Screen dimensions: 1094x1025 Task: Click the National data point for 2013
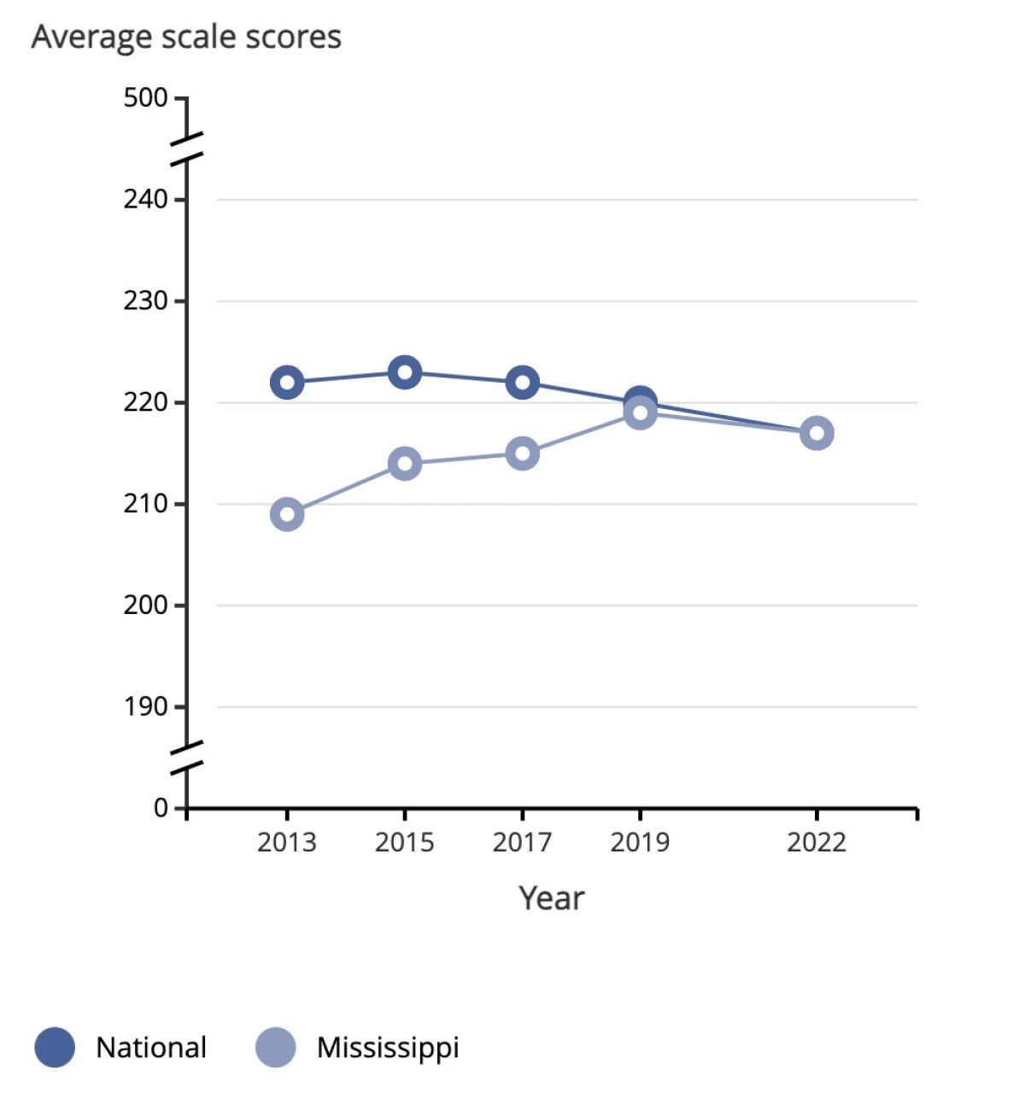(x=287, y=382)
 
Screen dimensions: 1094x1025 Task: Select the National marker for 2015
(x=405, y=371)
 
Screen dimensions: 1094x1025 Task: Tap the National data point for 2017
(x=523, y=382)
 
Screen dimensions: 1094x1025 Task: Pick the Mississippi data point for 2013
(x=287, y=514)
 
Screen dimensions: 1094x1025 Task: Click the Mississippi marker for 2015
(x=405, y=464)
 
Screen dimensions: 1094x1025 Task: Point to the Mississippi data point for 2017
(x=523, y=453)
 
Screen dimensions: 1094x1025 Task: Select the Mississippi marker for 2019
(x=641, y=413)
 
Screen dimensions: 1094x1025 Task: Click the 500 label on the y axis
(x=145, y=98)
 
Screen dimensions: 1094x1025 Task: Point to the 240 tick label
(x=145, y=199)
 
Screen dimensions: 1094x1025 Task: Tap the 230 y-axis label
(x=145, y=301)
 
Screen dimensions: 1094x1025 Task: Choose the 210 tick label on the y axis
(x=145, y=504)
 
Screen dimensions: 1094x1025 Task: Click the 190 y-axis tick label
(x=145, y=707)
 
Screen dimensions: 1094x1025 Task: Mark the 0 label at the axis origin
(x=161, y=808)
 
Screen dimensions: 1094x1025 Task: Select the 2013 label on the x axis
(x=287, y=843)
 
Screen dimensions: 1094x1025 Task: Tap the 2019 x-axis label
(x=641, y=843)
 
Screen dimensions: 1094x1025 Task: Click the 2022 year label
(x=817, y=843)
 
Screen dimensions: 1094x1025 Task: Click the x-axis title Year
(x=552, y=898)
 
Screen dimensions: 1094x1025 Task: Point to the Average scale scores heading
(x=186, y=38)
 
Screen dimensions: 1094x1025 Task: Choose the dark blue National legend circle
(x=55, y=1047)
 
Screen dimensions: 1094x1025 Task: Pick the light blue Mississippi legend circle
(x=275, y=1047)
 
